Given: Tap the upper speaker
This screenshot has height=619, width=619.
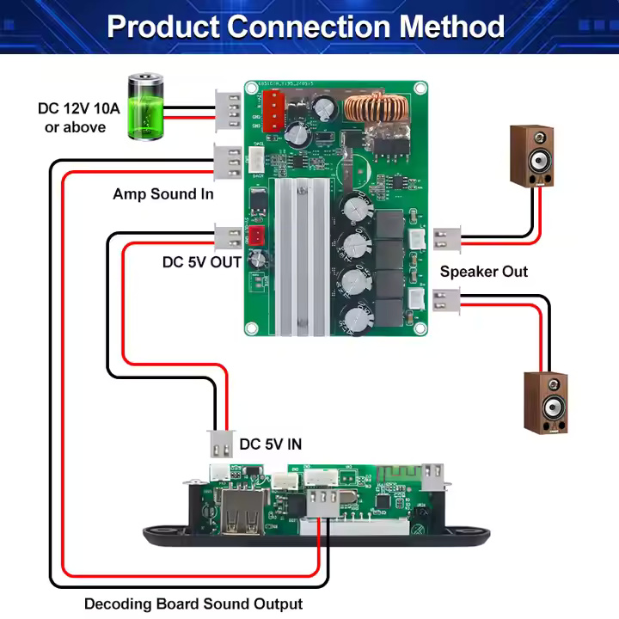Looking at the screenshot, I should click(x=531, y=156).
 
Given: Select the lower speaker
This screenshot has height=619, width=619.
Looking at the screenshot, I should click(x=545, y=402).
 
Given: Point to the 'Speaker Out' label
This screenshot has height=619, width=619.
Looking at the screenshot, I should click(x=484, y=272).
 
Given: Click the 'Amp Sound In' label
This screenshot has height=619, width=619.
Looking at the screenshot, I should click(x=163, y=194).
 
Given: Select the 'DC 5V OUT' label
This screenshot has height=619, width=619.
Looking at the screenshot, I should click(x=202, y=262).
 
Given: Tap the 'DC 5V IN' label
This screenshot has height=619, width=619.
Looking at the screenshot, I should click(x=271, y=444).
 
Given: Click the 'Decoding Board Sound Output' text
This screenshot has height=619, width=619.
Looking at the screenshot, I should click(x=193, y=604).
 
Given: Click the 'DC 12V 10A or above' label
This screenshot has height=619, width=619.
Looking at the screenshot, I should click(x=72, y=119).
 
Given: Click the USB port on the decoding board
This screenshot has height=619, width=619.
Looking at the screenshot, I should click(x=242, y=511).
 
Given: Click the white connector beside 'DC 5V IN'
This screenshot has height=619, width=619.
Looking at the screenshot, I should click(x=220, y=444).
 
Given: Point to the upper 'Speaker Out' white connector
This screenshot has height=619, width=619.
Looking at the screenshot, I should click(x=447, y=236).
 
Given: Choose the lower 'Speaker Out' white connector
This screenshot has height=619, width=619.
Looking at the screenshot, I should click(x=447, y=300).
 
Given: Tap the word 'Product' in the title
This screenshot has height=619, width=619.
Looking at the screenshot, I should click(x=163, y=27).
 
